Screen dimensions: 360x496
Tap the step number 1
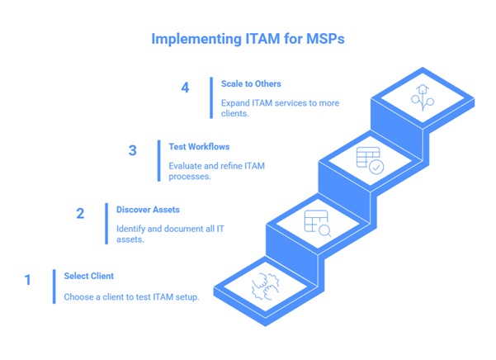point(27,280)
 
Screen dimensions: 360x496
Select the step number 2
point(80,214)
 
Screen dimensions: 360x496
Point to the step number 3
point(132,150)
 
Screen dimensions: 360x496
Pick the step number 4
point(185,88)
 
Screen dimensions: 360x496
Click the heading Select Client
point(88,276)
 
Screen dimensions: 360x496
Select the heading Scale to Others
point(251,83)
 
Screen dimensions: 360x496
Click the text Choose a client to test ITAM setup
point(131,297)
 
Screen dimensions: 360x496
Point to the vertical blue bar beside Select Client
point(54,287)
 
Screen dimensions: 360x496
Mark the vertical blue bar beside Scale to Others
point(211,96)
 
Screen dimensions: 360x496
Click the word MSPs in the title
point(322,39)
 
